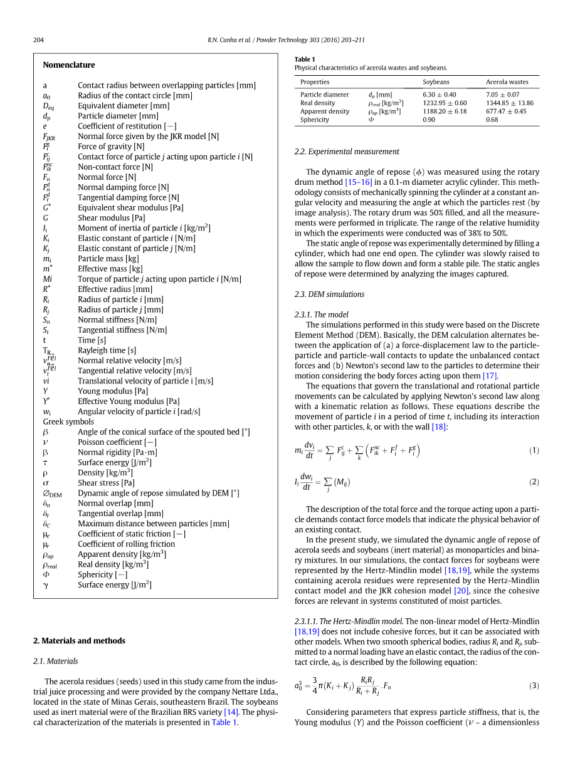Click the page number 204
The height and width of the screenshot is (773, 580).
(x=38, y=40)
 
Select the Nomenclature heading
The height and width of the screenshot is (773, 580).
(x=69, y=65)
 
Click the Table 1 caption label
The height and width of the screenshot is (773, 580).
(x=305, y=60)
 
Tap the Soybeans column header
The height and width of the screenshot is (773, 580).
(x=436, y=82)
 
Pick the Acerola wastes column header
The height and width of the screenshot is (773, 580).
(x=507, y=82)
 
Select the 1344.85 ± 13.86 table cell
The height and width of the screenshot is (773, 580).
(x=509, y=103)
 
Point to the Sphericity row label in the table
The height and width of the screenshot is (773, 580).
(x=314, y=120)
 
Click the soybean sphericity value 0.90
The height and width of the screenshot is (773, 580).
(x=429, y=120)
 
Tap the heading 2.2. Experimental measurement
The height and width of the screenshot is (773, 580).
(x=347, y=152)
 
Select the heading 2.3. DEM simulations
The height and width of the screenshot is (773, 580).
(x=329, y=294)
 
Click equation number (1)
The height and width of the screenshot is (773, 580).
(x=534, y=450)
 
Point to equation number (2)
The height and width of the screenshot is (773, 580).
(x=534, y=482)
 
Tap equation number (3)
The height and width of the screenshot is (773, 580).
(x=534, y=685)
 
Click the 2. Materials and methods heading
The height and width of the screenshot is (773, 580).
(x=79, y=641)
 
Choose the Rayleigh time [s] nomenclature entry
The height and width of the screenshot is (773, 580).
(x=107, y=351)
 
